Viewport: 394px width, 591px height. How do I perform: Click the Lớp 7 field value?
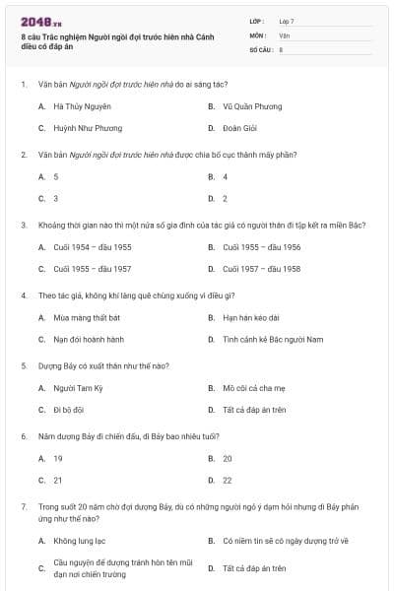287,21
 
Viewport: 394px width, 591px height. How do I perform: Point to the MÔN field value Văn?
284,34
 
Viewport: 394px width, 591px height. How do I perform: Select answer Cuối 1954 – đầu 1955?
92,247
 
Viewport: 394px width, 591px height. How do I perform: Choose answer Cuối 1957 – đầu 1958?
261,269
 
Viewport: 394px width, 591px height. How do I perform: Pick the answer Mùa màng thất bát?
87,318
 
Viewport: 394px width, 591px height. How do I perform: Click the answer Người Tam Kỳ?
78,388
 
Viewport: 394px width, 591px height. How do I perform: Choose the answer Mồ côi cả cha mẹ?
254,388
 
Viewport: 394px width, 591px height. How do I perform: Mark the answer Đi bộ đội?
70,410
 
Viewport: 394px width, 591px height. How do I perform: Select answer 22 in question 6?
227,481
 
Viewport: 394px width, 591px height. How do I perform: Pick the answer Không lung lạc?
79,541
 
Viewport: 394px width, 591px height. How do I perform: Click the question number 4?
24,295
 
